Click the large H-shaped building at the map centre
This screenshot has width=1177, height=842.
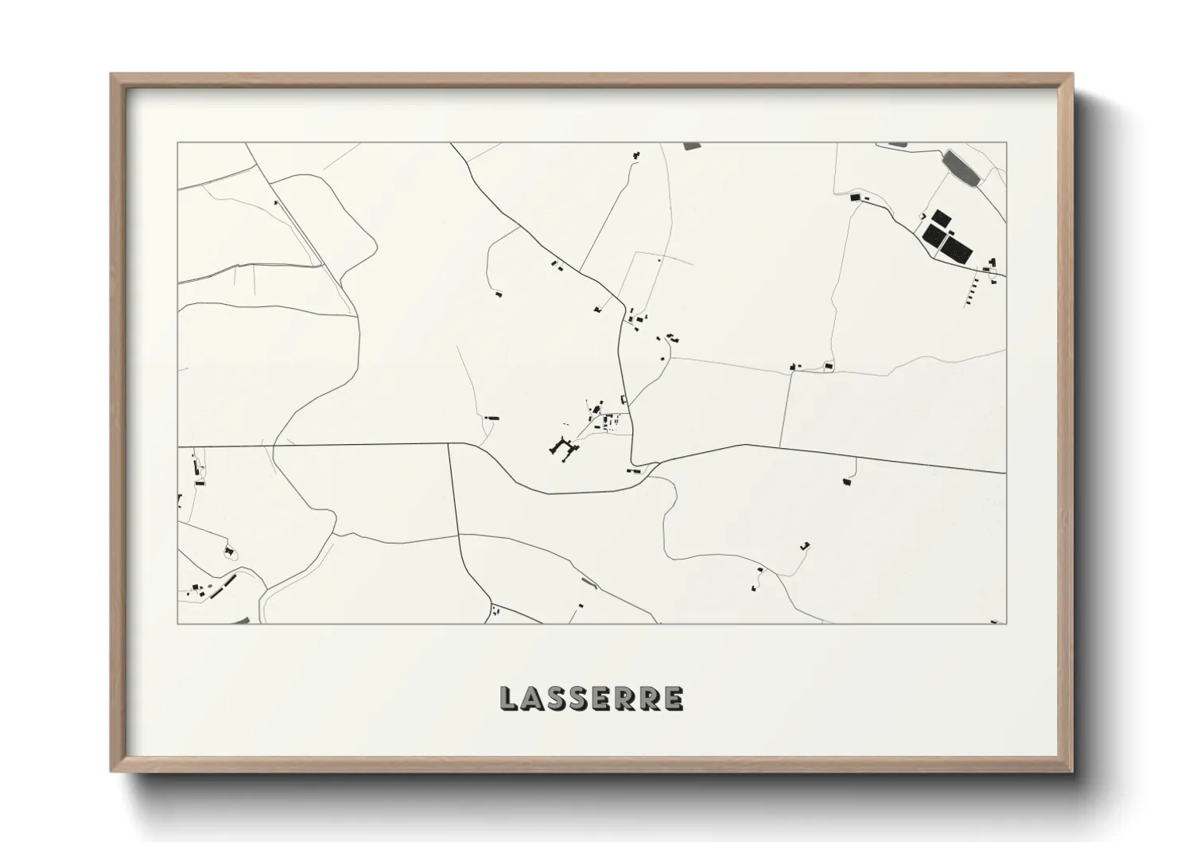[564, 449]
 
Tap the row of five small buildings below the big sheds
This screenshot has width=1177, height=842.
[973, 290]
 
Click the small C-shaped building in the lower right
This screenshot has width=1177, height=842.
[806, 546]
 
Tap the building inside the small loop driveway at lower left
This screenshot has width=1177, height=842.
[229, 550]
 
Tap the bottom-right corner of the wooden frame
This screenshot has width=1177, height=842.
[1071, 771]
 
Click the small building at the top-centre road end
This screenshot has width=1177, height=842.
[635, 154]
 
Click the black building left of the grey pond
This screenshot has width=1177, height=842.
[856, 197]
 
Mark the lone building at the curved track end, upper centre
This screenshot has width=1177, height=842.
[499, 294]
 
